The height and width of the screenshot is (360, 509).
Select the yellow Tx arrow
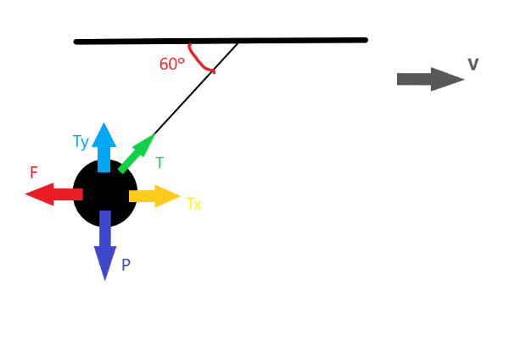[x=154, y=196]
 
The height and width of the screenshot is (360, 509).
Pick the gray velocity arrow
[x=429, y=79]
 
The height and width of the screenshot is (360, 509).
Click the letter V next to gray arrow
[x=473, y=65]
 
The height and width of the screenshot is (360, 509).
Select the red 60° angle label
[x=171, y=64]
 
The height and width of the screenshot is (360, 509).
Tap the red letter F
[x=34, y=172]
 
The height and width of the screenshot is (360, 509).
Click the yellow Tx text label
[x=193, y=204]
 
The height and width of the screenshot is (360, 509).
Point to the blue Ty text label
[x=81, y=142]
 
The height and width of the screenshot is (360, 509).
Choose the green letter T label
[x=159, y=163]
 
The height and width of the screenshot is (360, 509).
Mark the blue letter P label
[x=126, y=265]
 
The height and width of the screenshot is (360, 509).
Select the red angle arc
[x=199, y=60]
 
